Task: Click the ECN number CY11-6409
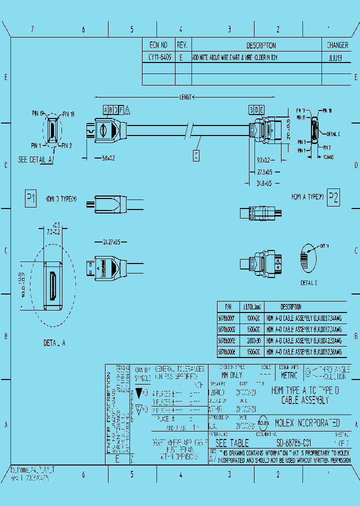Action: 159,57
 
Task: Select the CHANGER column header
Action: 337,45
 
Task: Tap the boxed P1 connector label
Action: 30,198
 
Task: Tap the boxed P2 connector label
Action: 333,198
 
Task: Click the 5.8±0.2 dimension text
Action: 105,158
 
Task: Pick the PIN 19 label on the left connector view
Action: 38,113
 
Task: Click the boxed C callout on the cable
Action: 196,156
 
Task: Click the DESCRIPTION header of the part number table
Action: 290,307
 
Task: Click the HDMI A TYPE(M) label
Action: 307,196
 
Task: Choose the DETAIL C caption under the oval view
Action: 308,283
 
